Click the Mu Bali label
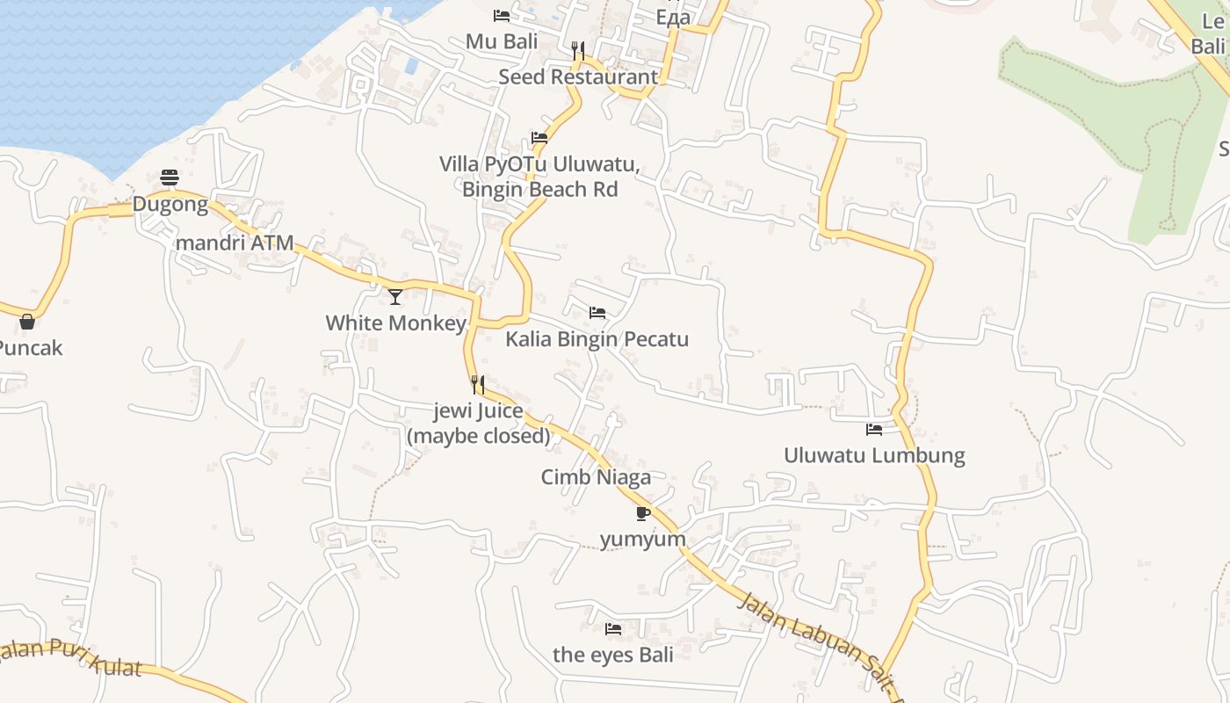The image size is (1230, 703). coord(502,41)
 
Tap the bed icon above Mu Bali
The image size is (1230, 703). coord(502,15)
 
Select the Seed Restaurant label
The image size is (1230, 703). coord(578,76)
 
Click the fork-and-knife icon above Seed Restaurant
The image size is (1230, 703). coord(578,50)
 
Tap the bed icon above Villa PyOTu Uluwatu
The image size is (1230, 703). coord(539,138)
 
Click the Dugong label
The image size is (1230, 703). coord(170,205)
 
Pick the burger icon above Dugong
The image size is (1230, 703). coord(170,178)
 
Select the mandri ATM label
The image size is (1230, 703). coord(235,243)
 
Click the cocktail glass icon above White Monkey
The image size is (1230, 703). coord(395,296)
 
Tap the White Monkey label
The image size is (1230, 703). coord(395,323)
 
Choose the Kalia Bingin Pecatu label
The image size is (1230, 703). coord(597,339)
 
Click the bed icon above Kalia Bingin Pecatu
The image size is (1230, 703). coord(597,313)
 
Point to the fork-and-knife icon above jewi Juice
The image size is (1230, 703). coord(478,384)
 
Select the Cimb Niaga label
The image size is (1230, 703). coord(596,477)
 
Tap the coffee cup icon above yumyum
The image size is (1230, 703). coord(642,513)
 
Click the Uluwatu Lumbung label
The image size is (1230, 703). coord(874,455)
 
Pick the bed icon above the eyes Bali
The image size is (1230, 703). coord(613,628)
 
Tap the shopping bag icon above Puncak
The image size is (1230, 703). coord(27,322)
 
